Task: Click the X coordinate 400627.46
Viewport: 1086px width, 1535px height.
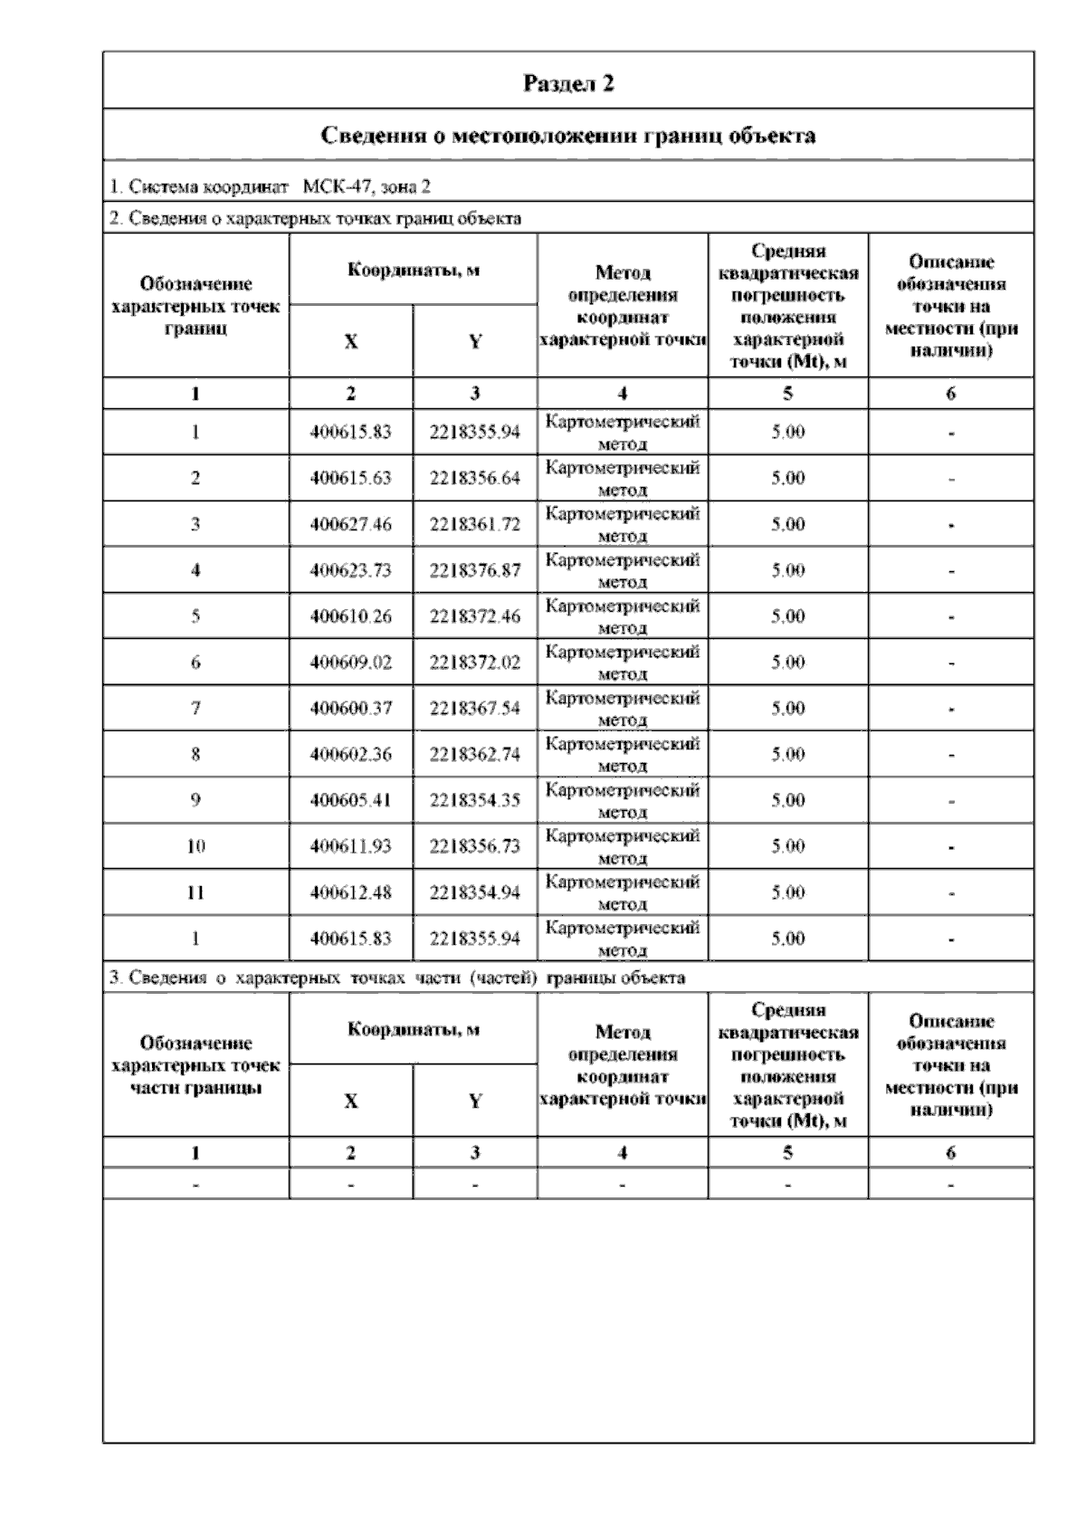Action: [350, 524]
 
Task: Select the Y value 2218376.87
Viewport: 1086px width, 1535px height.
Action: [475, 570]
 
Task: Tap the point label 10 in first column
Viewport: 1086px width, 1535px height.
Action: [195, 846]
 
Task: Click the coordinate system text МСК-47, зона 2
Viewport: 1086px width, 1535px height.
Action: [367, 187]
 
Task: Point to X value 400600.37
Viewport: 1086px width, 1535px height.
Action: [350, 708]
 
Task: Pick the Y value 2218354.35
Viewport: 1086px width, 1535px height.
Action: [475, 800]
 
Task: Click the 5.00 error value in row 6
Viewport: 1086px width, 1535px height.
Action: [787, 663]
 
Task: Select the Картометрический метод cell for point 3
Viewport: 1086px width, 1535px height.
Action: [623, 524]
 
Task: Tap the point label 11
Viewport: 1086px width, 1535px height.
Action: [195, 892]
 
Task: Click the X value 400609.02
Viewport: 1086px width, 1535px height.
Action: [350, 663]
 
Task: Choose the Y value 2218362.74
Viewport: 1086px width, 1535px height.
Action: [475, 754]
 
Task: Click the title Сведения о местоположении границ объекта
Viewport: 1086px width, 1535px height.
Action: [568, 136]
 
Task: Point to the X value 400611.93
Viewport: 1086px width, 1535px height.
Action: [350, 846]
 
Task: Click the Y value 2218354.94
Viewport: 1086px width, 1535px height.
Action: [475, 892]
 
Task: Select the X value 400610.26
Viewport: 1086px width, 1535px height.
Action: [350, 616]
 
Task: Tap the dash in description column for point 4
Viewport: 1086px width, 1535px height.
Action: [951, 571]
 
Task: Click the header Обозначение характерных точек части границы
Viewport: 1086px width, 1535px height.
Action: [195, 1065]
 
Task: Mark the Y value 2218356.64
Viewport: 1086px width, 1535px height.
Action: [475, 478]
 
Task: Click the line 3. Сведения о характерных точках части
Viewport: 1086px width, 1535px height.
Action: [396, 977]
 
